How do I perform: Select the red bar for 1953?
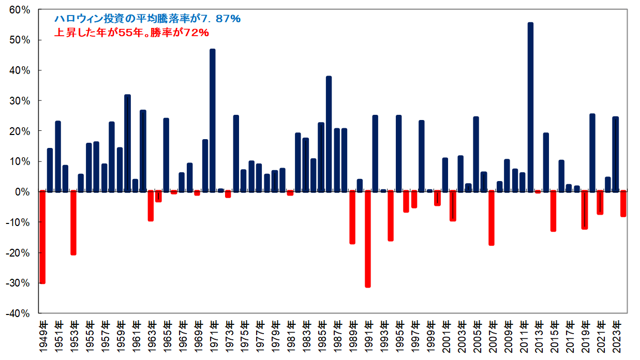click(73, 222)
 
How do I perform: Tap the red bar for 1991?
click(368, 238)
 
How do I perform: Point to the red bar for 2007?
click(492, 218)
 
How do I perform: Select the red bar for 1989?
click(352, 217)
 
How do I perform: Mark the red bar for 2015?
click(554, 211)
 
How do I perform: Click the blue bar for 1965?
click(166, 155)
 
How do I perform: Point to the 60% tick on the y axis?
click(19, 10)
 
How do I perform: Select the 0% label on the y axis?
click(23, 192)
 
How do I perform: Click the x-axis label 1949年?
click(42, 337)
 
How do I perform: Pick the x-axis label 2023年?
click(616, 337)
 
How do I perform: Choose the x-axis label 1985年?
click(321, 337)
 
